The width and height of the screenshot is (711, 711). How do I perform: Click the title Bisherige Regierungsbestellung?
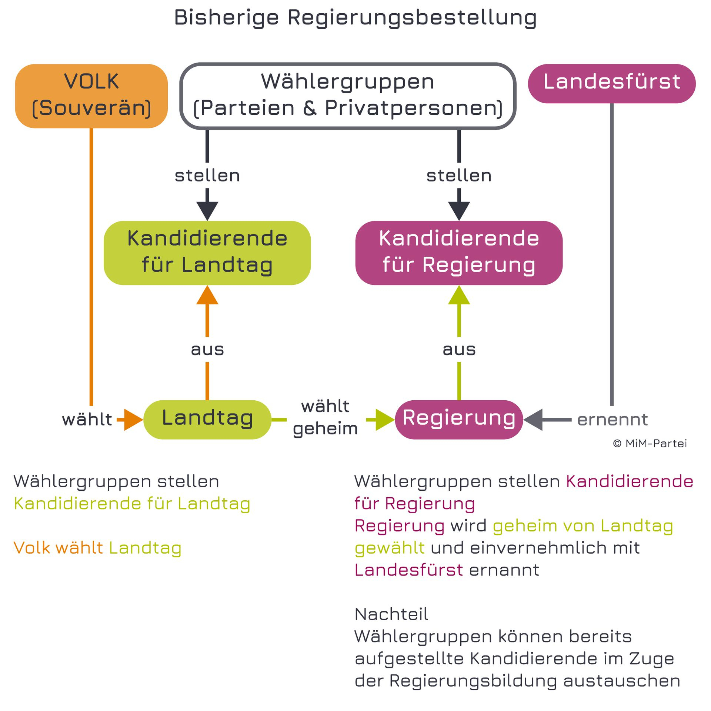355,18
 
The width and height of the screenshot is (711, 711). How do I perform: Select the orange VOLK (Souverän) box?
91,96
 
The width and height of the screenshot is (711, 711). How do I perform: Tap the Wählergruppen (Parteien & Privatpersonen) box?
348,96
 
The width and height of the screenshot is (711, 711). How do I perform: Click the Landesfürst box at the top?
612,84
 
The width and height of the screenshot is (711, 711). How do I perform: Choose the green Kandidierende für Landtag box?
207,253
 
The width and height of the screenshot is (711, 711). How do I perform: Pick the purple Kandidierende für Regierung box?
459,253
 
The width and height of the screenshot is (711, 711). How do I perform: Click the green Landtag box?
207,420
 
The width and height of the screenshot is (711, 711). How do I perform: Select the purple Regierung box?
459,420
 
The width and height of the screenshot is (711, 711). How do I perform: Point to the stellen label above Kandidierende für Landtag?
207,176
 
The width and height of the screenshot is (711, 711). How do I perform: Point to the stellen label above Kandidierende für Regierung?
459,176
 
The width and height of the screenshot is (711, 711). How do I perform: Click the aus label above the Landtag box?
207,350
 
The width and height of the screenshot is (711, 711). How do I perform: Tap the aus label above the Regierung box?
459,350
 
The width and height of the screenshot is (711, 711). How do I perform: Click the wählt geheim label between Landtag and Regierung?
326,418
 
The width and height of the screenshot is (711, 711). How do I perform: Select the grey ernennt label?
613,420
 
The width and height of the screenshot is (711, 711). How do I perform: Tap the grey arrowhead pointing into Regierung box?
533,420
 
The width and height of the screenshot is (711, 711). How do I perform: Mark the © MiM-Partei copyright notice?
650,444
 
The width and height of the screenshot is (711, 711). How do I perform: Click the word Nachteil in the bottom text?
391,614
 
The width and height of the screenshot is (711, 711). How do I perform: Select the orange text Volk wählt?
58,548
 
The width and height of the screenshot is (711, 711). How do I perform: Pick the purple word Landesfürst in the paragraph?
409,570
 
